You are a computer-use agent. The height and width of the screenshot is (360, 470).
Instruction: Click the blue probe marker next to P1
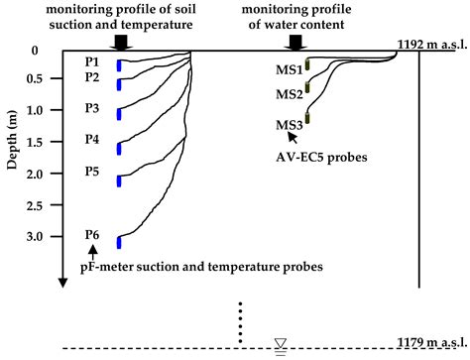[119, 65]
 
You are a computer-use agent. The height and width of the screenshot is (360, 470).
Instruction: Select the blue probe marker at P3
[119, 113]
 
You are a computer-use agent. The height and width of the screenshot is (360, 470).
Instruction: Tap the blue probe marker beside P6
[119, 242]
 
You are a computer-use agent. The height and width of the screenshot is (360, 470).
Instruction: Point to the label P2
[92, 77]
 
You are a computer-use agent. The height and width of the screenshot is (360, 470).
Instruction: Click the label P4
[92, 140]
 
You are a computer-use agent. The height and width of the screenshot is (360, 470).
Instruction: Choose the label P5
[92, 172]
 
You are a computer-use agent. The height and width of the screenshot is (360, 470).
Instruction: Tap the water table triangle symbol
[281, 343]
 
